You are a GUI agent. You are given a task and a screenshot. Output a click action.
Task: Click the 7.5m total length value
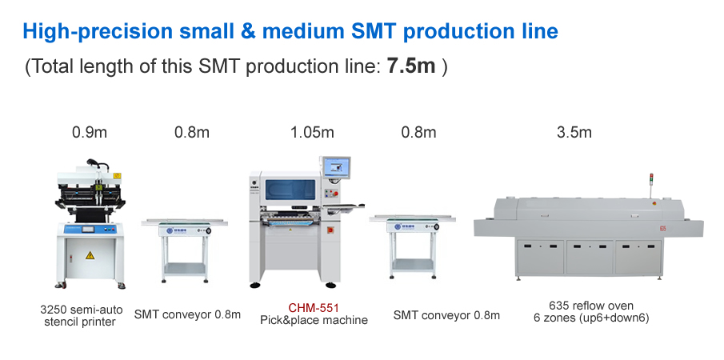(411, 66)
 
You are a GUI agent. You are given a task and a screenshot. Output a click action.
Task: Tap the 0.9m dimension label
(90, 133)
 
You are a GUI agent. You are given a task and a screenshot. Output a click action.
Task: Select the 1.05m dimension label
(312, 133)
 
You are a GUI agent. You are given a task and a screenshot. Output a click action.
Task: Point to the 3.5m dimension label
(574, 133)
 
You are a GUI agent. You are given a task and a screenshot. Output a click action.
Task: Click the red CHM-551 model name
(314, 308)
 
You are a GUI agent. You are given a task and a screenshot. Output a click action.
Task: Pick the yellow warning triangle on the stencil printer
(90, 254)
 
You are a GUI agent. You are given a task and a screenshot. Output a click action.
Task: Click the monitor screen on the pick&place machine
(337, 167)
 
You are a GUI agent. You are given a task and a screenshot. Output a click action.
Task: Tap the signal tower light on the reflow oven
(651, 179)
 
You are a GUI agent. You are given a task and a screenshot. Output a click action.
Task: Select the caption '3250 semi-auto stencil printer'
(82, 316)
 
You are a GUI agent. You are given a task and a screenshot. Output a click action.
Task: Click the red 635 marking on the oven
(662, 229)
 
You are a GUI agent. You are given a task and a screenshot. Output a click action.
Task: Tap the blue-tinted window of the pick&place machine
(290, 190)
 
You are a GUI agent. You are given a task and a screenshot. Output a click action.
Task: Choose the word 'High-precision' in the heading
(98, 31)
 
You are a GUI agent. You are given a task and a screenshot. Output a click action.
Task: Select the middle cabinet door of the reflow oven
(590, 257)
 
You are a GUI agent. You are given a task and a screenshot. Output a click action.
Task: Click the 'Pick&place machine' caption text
(314, 320)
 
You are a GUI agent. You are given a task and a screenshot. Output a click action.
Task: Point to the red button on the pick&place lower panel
(330, 230)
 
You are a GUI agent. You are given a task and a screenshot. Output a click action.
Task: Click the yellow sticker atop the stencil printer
(117, 176)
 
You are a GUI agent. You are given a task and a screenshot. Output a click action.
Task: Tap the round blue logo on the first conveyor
(170, 230)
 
